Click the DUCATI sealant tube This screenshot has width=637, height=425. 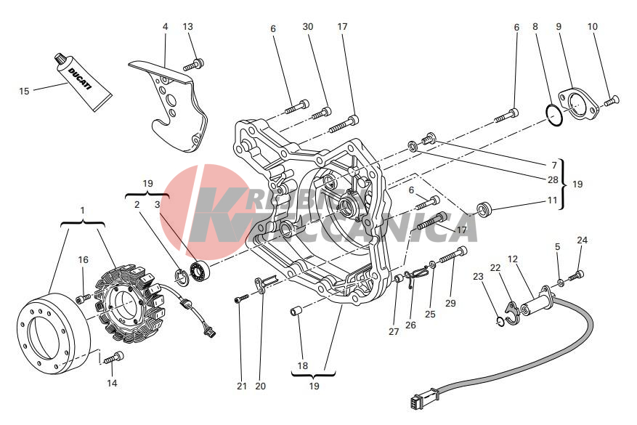(x=83, y=81)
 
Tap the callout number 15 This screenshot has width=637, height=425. (x=25, y=91)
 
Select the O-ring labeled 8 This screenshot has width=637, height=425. (x=554, y=116)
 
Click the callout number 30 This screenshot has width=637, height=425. (x=308, y=26)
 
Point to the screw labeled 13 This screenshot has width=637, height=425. (x=194, y=64)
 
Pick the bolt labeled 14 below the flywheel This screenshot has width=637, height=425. (x=114, y=357)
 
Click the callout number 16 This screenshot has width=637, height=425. (x=83, y=259)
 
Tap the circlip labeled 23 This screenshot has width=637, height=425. (x=500, y=321)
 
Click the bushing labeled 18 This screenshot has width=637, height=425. (x=296, y=311)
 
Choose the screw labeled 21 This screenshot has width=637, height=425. (x=241, y=299)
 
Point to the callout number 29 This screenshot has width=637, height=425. (x=450, y=303)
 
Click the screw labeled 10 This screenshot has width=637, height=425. (x=612, y=101)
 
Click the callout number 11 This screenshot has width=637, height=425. (x=552, y=200)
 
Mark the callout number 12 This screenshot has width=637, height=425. (x=513, y=259)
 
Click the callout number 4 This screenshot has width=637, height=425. (x=166, y=26)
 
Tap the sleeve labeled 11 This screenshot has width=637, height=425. (x=484, y=209)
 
